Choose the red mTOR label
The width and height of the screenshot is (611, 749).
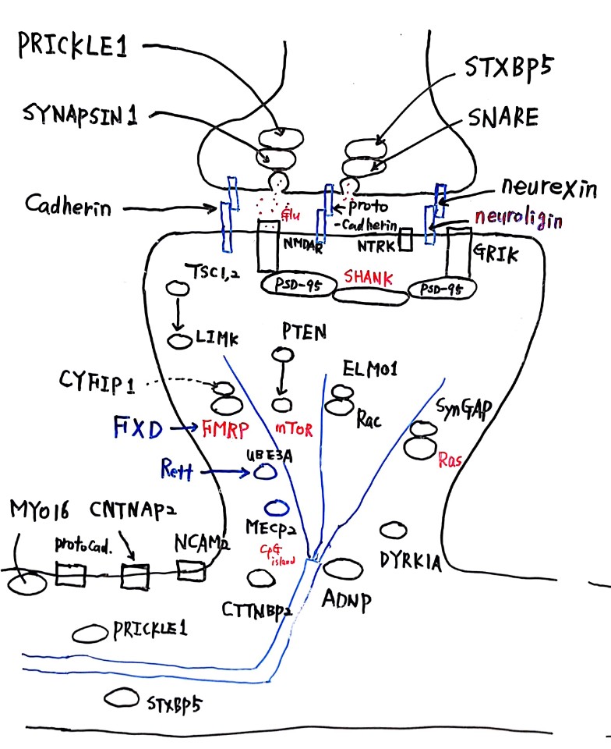click(295, 427)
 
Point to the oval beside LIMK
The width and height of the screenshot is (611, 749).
click(180, 341)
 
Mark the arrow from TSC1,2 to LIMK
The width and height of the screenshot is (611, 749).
click(179, 314)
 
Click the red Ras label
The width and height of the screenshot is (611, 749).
click(450, 460)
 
